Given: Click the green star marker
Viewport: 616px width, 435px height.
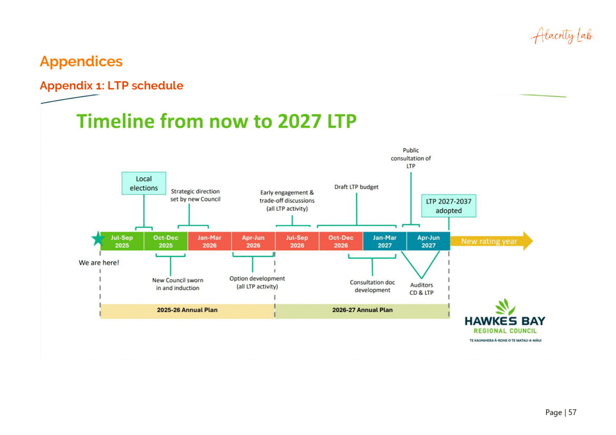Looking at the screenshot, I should (x=98, y=240).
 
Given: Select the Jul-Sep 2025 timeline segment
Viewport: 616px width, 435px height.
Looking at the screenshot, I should (x=122, y=241).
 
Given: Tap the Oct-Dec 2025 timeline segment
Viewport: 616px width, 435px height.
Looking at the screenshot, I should (x=165, y=241).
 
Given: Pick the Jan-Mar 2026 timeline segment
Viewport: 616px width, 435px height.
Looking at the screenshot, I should (x=209, y=241).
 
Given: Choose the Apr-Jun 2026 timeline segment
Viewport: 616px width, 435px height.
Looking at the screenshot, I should (x=253, y=241).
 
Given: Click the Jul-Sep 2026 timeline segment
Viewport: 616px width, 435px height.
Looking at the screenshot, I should (x=297, y=241).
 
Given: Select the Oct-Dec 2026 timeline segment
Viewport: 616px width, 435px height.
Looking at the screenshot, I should (x=340, y=241).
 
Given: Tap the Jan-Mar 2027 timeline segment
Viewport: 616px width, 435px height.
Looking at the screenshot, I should (x=385, y=241).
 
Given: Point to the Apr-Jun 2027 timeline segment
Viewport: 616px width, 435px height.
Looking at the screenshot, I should (x=428, y=241).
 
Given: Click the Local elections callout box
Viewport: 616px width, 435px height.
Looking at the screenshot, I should (x=144, y=183).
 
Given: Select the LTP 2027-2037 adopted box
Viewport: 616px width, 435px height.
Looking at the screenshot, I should (x=448, y=206).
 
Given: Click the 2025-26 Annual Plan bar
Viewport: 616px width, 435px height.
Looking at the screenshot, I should (x=187, y=310).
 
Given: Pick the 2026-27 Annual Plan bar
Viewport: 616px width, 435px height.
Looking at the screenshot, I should (x=362, y=310).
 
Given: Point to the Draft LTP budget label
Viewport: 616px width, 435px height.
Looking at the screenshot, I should (x=357, y=187).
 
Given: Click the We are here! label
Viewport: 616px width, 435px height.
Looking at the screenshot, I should (x=99, y=262).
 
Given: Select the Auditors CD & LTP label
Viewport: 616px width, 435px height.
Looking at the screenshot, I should (x=422, y=289).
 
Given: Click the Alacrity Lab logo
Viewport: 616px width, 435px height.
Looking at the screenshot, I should (x=562, y=36).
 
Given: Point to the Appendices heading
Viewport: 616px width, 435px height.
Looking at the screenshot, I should (x=81, y=62).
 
